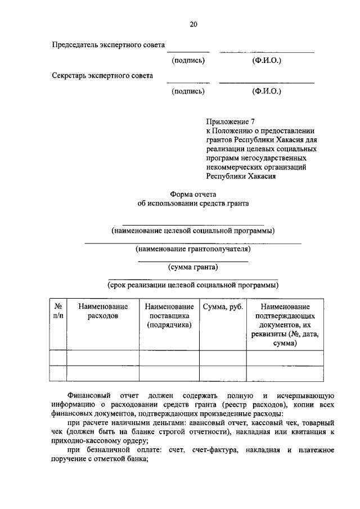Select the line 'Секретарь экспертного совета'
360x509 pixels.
(102, 75)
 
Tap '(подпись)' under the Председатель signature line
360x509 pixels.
(188, 60)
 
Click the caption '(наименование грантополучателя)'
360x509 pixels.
(193, 249)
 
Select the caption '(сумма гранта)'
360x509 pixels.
(193, 267)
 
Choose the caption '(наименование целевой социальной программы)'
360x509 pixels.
(193, 231)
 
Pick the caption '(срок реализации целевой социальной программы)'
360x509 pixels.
(193, 285)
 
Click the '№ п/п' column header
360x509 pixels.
(58, 311)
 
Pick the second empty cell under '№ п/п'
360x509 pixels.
(58, 373)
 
